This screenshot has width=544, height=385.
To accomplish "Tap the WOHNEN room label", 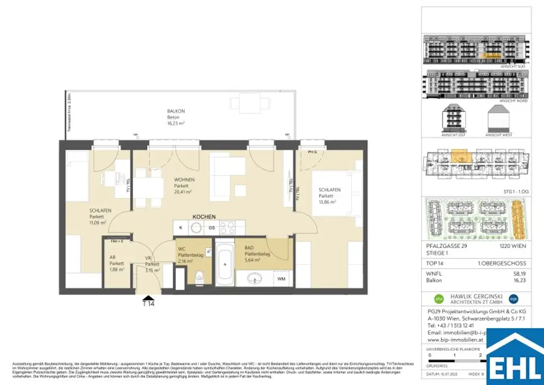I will (x=183, y=180).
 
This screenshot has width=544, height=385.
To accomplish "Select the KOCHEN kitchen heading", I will (x=203, y=217).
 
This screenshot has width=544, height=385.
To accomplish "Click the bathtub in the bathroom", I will (x=224, y=263).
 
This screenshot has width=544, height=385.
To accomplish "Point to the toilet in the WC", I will (x=200, y=277).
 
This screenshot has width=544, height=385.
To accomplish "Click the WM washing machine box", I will (x=280, y=278).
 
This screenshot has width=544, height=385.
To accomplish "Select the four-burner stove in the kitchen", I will (x=228, y=228).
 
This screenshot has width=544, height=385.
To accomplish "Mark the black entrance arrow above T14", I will (x=148, y=297).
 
